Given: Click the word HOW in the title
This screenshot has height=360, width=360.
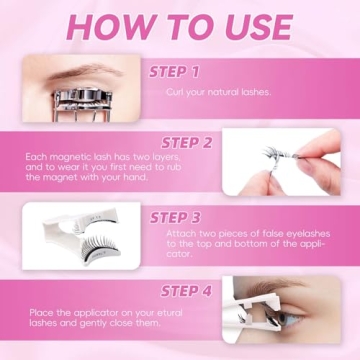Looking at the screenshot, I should click(x=101, y=27).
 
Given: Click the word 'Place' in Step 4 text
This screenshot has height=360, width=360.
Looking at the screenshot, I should click(x=40, y=313).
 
